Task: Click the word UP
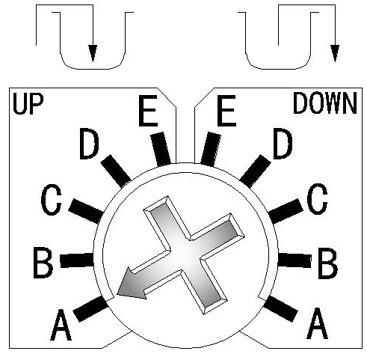(28, 104)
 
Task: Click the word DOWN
(325, 103)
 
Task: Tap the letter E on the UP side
(148, 111)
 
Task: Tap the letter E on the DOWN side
(226, 111)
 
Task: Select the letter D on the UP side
(89, 144)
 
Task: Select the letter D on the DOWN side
(283, 144)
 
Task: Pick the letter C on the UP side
(51, 200)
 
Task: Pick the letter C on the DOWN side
(317, 199)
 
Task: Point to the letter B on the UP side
(43, 263)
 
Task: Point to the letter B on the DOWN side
(328, 263)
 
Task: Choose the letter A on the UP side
(61, 325)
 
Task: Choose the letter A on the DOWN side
(317, 323)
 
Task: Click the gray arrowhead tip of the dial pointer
(117, 295)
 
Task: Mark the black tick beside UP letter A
(90, 309)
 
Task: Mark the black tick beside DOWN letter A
(281, 309)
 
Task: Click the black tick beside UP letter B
(77, 260)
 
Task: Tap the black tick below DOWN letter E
(211, 149)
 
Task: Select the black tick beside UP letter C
(86, 211)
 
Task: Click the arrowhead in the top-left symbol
(93, 53)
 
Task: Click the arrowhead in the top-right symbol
(335, 53)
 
